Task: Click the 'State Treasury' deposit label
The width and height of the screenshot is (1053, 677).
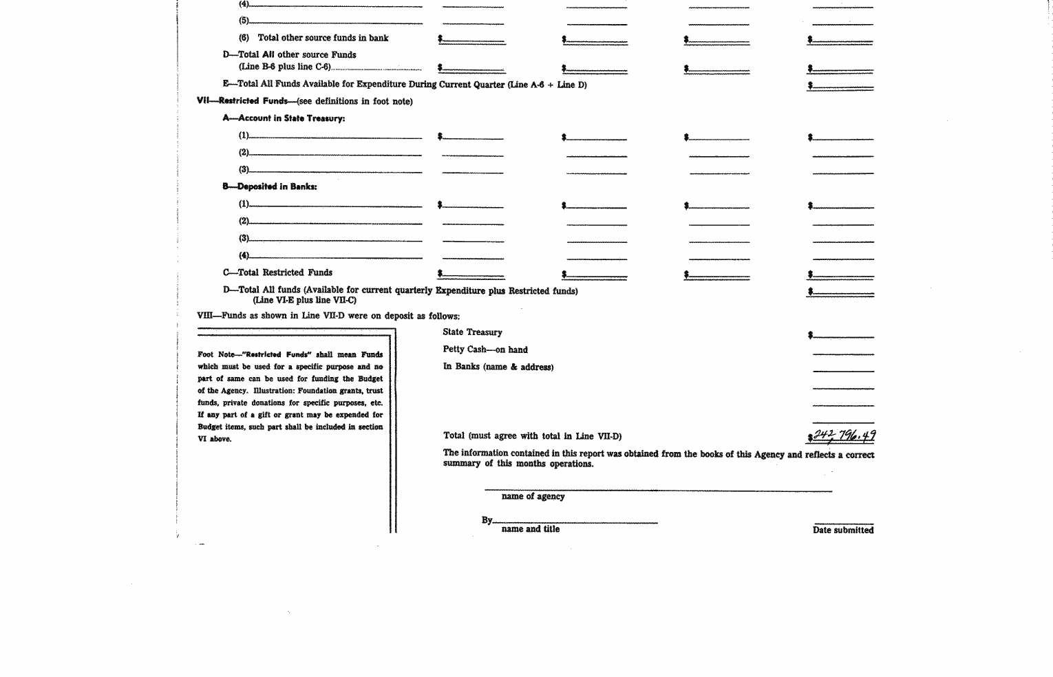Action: tap(472, 332)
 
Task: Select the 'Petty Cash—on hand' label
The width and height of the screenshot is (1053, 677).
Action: tap(485, 350)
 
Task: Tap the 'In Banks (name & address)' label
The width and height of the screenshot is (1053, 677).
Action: tap(498, 367)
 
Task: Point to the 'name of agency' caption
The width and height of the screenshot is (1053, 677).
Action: tap(533, 496)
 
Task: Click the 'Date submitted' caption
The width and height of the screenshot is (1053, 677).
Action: tap(843, 530)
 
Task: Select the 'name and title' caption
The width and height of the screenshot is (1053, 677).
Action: tap(531, 529)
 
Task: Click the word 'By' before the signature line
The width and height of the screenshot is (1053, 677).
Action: tap(487, 520)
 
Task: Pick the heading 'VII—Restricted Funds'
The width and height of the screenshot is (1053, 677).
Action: tap(242, 101)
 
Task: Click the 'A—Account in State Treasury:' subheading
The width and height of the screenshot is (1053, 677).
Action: tap(284, 118)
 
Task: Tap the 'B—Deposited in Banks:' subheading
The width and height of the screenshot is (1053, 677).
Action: tap(270, 186)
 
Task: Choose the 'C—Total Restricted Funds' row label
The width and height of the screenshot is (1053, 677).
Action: tap(277, 272)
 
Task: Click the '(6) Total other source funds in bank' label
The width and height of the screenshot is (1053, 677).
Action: tap(314, 38)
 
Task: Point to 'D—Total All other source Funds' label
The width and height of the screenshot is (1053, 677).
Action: tap(289, 54)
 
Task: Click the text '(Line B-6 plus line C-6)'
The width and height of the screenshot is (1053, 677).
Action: tap(285, 67)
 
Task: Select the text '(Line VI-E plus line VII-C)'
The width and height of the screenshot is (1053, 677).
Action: tap(304, 300)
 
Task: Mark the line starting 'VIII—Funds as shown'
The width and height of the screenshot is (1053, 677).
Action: tap(328, 316)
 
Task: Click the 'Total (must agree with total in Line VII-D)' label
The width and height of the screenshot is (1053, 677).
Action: tap(532, 436)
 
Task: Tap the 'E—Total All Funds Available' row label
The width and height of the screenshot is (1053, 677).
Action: tap(405, 85)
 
